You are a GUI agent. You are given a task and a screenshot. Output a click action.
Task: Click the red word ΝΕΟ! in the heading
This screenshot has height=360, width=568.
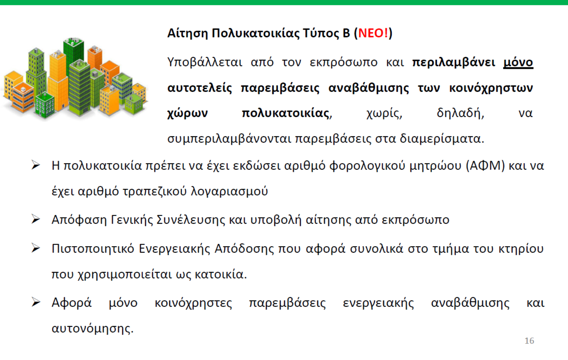click(373, 33)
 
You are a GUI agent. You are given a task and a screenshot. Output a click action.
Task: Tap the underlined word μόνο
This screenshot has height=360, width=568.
click(518, 62)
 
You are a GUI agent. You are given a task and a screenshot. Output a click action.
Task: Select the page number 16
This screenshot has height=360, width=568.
click(529, 341)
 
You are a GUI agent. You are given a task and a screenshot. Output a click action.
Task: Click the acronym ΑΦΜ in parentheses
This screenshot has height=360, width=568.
click(486, 166)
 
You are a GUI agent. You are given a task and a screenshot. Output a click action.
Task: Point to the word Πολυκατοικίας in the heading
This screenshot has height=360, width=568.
click(255, 33)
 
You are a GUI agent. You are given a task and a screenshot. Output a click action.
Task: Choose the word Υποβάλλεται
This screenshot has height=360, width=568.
click(205, 62)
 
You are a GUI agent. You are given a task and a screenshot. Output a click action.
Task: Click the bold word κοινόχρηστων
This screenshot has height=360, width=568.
click(491, 88)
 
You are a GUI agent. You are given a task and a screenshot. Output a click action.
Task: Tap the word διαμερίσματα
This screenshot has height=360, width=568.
click(442, 139)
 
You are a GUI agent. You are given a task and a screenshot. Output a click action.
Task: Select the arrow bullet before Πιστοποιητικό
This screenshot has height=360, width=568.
click(36, 248)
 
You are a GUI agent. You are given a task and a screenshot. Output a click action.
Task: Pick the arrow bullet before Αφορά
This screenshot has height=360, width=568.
click(36, 302)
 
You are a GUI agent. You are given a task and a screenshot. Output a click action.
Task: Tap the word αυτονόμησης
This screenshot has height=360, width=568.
click(92, 328)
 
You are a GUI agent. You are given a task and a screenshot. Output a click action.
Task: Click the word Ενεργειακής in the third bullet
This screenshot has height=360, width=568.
click(174, 249)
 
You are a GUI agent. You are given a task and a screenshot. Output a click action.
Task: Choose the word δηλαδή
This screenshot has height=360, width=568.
click(460, 113)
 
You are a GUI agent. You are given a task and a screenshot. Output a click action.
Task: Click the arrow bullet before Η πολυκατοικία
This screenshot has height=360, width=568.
click(36, 165)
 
